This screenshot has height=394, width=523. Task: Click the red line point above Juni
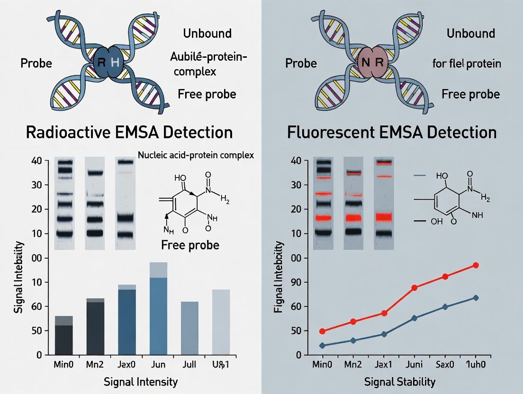pyautogui.click(x=414, y=287)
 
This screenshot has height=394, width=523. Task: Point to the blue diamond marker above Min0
pyautogui.click(x=323, y=346)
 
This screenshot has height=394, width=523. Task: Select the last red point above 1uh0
pyautogui.click(x=476, y=265)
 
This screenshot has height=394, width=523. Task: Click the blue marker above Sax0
pyautogui.click(x=445, y=307)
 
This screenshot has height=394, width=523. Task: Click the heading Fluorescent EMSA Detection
pyautogui.click(x=392, y=132)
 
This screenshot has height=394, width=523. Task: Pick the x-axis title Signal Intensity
pyautogui.click(x=141, y=381)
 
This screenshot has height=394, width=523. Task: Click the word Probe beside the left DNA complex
pyautogui.click(x=36, y=63)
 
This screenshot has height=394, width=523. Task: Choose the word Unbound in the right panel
pyautogui.click(x=470, y=33)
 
